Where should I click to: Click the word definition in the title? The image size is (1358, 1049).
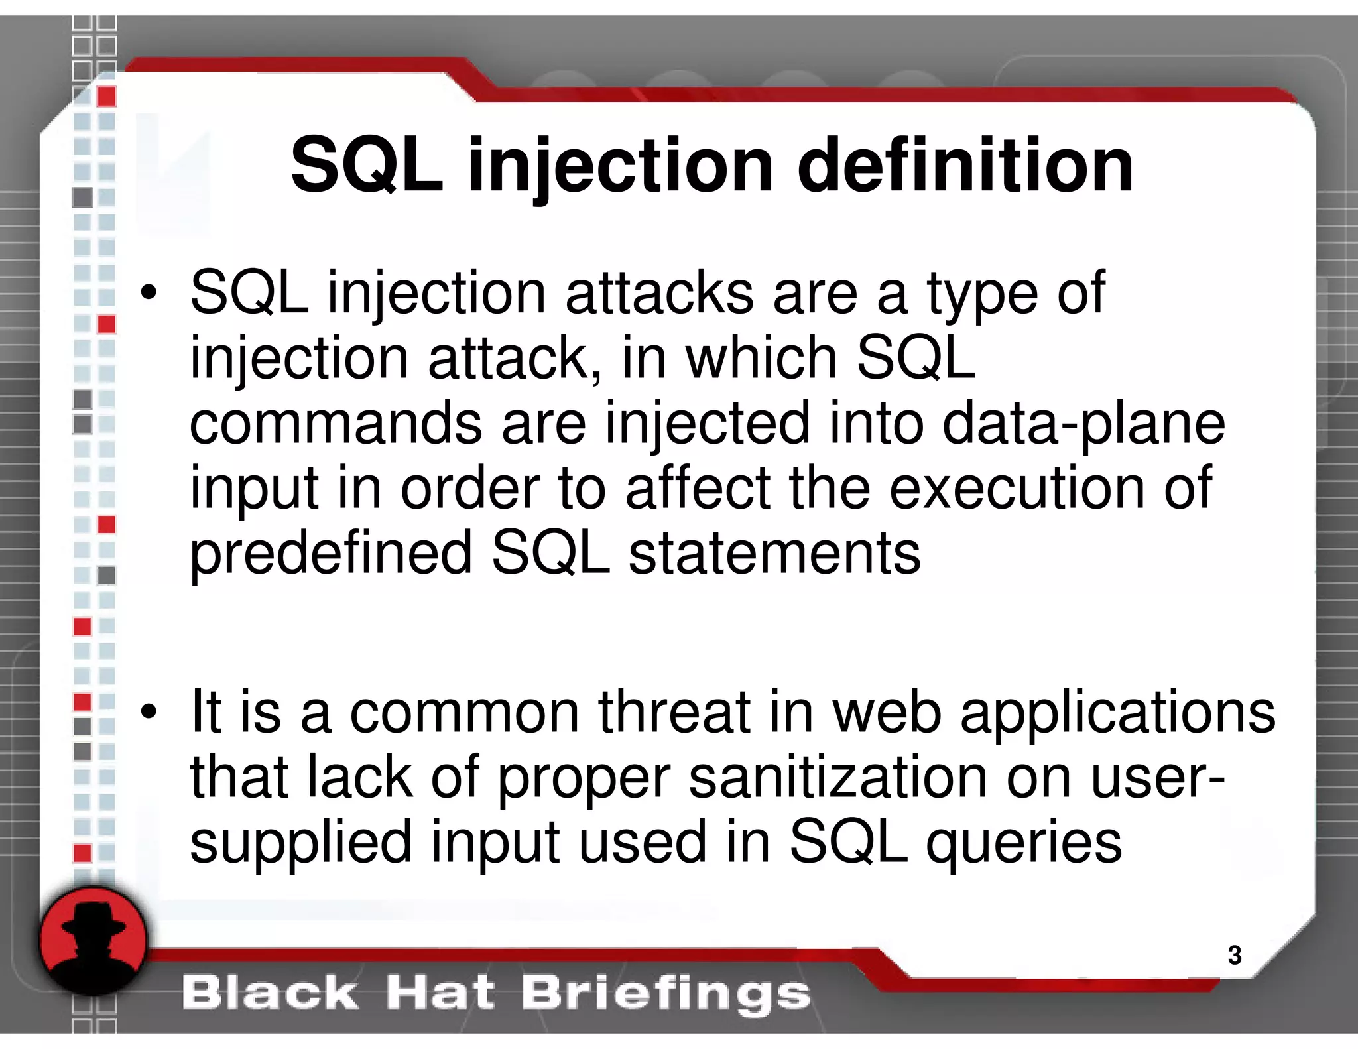pos(965,166)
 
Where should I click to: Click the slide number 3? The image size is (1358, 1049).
pos(1234,955)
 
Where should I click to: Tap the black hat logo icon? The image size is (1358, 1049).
pos(93,940)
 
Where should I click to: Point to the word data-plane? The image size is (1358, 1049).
pos(1083,424)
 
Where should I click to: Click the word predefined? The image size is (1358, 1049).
pos(331,554)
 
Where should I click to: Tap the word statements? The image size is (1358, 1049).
pos(774,554)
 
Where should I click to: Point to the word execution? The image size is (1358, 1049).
pos(1015,489)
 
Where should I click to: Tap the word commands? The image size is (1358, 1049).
pos(336,424)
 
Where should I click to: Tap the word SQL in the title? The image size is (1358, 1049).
pos(367,166)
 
